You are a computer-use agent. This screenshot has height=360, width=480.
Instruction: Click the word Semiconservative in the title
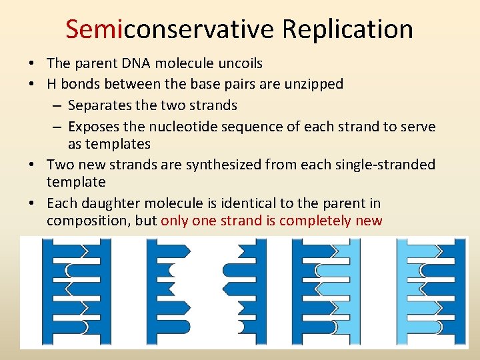point(169,29)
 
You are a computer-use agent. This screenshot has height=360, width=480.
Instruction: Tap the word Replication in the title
point(347,29)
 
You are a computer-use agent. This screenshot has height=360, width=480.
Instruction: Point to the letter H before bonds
point(51,84)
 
